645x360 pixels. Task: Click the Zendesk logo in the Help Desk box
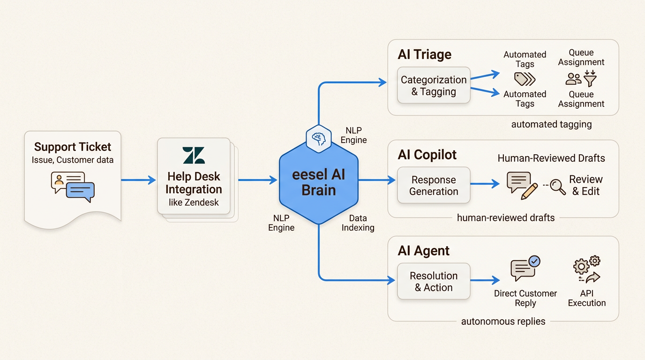pyautogui.click(x=194, y=155)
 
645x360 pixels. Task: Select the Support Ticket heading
pyautogui.click(x=73, y=147)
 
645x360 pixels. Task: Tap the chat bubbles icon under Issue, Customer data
pyautogui.click(x=73, y=187)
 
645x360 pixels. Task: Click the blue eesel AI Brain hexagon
pyautogui.click(x=318, y=182)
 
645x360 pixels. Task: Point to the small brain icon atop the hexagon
pyautogui.click(x=318, y=138)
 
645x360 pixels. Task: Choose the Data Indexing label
pyautogui.click(x=358, y=223)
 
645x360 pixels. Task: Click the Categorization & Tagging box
pyautogui.click(x=434, y=86)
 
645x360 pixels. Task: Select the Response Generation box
pyautogui.click(x=434, y=186)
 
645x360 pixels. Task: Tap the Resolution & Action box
pyautogui.click(x=434, y=282)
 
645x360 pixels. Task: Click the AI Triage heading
pyautogui.click(x=424, y=54)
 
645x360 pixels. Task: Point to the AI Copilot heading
pyautogui.click(x=427, y=155)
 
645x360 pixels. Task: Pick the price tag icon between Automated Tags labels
pyautogui.click(x=525, y=79)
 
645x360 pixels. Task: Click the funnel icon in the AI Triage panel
pyautogui.click(x=590, y=78)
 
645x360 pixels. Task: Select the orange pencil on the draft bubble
pyautogui.click(x=529, y=191)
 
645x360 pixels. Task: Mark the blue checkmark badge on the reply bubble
pyautogui.click(x=533, y=261)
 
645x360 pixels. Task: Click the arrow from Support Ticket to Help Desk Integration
pyautogui.click(x=138, y=180)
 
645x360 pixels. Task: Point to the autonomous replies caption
pyautogui.click(x=503, y=322)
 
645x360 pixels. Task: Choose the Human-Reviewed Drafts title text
pyautogui.click(x=551, y=158)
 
